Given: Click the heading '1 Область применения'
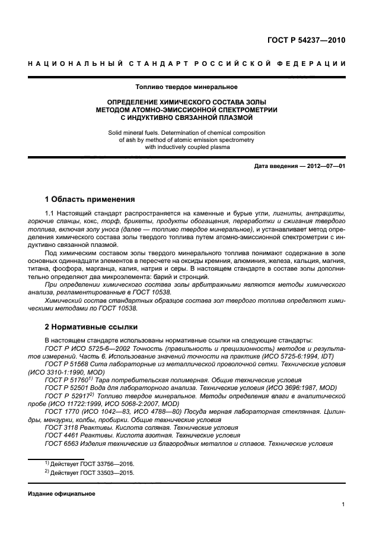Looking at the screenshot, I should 90,199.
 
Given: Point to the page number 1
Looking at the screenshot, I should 343,505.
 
